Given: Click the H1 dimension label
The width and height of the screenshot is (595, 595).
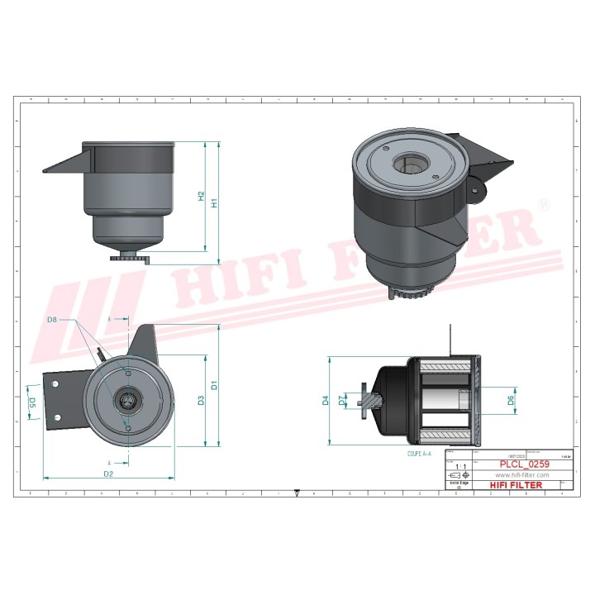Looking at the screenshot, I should click(x=214, y=202).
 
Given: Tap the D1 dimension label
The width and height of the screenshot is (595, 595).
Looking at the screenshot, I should click(x=214, y=385).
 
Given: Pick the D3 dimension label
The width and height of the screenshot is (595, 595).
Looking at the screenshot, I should click(x=201, y=401).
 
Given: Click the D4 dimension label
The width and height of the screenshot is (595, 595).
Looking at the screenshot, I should click(x=326, y=401).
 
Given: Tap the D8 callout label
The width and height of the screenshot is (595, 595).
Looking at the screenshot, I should click(x=52, y=319).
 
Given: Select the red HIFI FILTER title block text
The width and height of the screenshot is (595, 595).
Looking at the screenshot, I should click(x=516, y=485).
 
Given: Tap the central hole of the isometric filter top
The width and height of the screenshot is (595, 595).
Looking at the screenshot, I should click(x=408, y=164).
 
